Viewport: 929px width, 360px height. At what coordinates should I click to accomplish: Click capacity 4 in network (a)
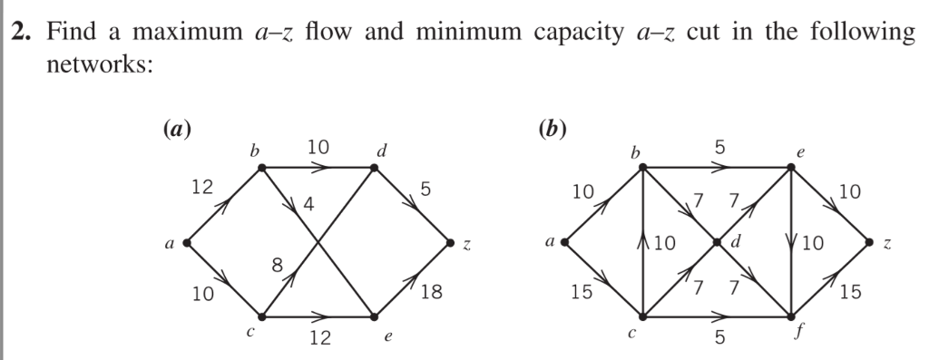(x=308, y=205)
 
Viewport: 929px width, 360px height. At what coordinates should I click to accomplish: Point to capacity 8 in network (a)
(x=277, y=265)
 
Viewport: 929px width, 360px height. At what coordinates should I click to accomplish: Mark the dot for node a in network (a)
(x=186, y=243)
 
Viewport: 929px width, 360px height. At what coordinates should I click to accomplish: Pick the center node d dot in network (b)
(x=717, y=243)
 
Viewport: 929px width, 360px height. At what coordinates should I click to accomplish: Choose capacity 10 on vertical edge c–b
(x=664, y=243)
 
